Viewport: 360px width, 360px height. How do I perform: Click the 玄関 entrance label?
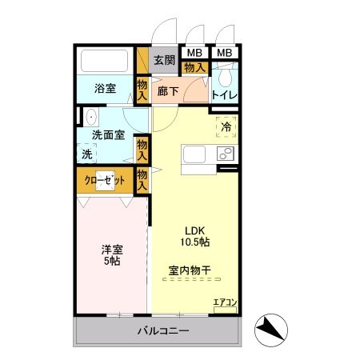point(164,60)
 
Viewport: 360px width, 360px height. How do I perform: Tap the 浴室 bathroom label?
point(105,89)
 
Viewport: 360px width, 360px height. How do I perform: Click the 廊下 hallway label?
point(168,92)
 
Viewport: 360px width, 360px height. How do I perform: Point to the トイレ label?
point(225,95)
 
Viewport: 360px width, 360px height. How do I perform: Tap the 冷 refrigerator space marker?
point(226,127)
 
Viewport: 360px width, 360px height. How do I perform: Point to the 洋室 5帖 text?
point(111,254)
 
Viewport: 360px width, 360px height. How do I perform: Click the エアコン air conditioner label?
point(225,302)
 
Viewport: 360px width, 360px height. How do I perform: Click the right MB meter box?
point(225,53)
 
